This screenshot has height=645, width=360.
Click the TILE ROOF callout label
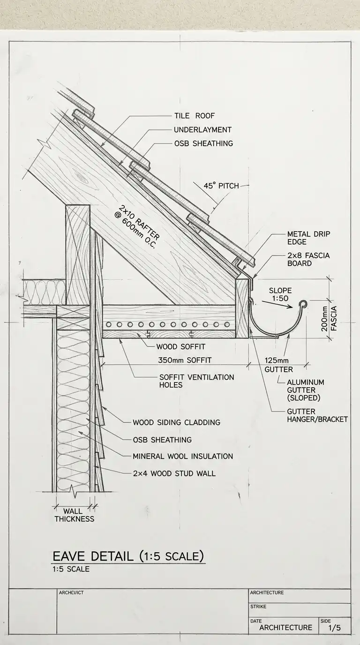coord(194,116)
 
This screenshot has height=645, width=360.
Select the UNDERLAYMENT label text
coord(202,129)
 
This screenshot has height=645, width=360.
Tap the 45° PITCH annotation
coord(221,186)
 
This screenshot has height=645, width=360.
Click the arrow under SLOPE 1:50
coord(277,305)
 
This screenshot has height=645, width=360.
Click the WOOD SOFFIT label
coord(180,347)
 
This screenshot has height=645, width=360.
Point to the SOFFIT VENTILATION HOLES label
coord(196,381)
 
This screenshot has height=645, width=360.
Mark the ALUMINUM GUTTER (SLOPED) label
coord(305,390)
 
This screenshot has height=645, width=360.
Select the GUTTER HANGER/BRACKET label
coord(317,415)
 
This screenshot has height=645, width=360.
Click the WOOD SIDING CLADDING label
coord(176,422)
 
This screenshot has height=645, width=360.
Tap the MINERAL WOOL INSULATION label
coord(182,456)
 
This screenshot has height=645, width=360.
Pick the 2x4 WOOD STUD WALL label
coord(174,473)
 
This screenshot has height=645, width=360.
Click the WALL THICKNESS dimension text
coord(74,515)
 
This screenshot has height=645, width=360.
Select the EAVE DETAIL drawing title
coord(128,556)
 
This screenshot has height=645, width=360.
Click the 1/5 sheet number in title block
coord(334,627)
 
